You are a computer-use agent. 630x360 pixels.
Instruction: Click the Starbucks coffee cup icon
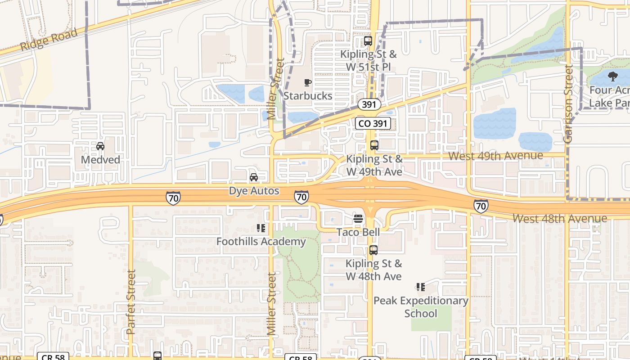click(308, 82)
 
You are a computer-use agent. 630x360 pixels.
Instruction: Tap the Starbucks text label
click(308, 96)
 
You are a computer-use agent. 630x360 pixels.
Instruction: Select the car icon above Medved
click(100, 146)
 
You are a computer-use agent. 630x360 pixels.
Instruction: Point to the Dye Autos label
click(254, 191)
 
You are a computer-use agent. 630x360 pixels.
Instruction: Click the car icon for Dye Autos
click(254, 177)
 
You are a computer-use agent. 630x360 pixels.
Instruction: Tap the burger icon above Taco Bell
click(358, 219)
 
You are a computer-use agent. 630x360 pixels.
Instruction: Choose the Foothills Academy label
click(261, 242)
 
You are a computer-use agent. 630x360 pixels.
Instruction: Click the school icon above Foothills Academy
click(261, 228)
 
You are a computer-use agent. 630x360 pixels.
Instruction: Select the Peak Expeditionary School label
click(421, 307)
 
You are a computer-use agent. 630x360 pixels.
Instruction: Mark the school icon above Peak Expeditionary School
click(421, 287)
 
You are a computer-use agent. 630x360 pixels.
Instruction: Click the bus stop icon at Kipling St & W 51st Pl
click(368, 41)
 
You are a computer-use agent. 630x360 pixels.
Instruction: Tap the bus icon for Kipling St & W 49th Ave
click(374, 145)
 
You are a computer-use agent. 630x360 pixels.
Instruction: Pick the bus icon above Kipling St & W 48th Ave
click(373, 250)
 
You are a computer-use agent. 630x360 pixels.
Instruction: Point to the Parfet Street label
click(131, 301)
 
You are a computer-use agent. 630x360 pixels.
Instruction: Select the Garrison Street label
click(568, 104)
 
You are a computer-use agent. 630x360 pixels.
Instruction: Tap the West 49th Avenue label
click(496, 156)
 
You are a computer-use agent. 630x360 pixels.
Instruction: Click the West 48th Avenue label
click(560, 219)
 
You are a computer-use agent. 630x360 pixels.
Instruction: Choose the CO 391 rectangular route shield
click(373, 124)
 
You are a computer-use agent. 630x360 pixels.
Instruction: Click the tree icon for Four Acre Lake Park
click(612, 76)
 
